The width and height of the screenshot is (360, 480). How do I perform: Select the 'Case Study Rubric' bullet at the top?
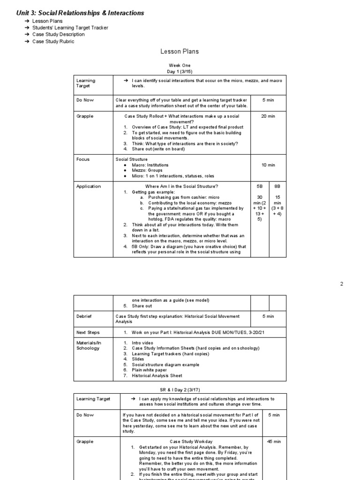pyautogui.click(x=53, y=41)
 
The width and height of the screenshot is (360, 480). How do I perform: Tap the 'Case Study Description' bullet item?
pyautogui.click(x=58, y=34)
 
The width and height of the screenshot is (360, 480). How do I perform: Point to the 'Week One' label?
pyautogui.click(x=180, y=65)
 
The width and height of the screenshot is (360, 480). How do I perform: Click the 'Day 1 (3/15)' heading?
pyautogui.click(x=180, y=71)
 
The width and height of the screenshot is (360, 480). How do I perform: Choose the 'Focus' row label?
pyautogui.click(x=82, y=159)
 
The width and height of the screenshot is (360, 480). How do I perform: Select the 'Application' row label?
pyautogui.click(x=89, y=186)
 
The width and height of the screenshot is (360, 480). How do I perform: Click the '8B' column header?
pyautogui.click(x=277, y=186)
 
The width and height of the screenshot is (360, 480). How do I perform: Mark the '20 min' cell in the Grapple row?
pyautogui.click(x=268, y=116)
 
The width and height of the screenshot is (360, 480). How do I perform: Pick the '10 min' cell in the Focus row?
pyautogui.click(x=268, y=165)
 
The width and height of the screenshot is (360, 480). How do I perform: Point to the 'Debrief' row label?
pyautogui.click(x=84, y=316)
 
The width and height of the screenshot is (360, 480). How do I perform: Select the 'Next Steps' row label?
pyautogui.click(x=88, y=332)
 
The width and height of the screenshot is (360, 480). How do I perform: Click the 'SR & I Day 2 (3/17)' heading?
pyautogui.click(x=180, y=390)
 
